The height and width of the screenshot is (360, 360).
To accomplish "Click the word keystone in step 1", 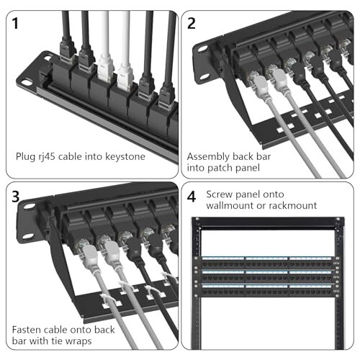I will click(125, 156).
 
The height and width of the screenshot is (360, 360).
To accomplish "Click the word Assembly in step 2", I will click(206, 156).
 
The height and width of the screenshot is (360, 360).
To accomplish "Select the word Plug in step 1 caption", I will click(27, 156).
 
